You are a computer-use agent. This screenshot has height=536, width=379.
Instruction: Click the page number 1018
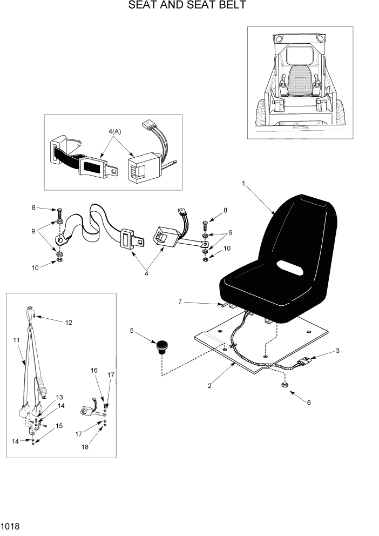(10, 525)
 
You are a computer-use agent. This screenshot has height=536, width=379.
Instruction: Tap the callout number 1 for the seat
(244, 184)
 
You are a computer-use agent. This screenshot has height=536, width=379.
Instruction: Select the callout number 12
(69, 323)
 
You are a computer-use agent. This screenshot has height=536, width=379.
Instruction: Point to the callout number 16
(94, 371)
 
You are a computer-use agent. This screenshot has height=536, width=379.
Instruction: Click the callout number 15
(59, 425)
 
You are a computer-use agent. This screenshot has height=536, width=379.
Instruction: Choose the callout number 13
(59, 397)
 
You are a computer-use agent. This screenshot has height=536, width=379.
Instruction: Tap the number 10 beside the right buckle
(227, 248)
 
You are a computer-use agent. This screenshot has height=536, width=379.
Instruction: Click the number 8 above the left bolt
(33, 207)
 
